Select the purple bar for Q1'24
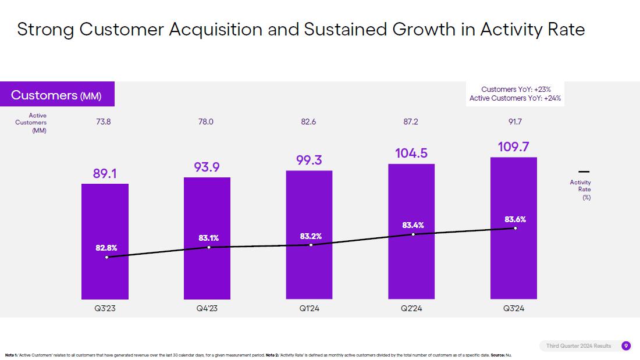point(310,273)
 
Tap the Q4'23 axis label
point(207,309)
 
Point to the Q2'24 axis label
point(411,309)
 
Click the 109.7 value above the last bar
point(514,147)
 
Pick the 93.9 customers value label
point(207,167)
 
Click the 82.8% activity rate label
point(106,248)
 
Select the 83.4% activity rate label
point(413,225)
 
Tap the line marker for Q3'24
point(515,228)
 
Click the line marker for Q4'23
point(209,247)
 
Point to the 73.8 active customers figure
point(104,122)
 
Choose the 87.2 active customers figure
point(411,122)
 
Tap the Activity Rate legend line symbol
point(584,172)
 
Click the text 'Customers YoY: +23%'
point(516,89)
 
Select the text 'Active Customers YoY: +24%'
point(516,98)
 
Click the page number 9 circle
point(626,346)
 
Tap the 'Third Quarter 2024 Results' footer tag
point(578,346)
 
